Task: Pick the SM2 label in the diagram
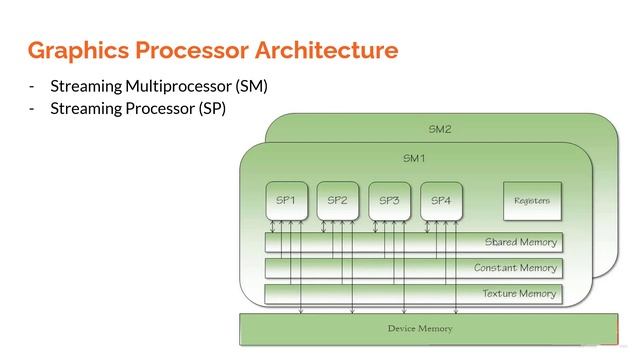pyautogui.click(x=441, y=129)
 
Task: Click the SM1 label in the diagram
pyautogui.click(x=414, y=158)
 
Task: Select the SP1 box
pyautogui.click(x=286, y=201)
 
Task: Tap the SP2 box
pyautogui.click(x=338, y=201)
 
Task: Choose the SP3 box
pyautogui.click(x=389, y=201)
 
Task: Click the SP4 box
pyautogui.click(x=441, y=201)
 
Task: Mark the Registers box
pyautogui.click(x=531, y=201)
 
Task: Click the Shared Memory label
pyautogui.click(x=520, y=242)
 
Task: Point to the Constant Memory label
pyautogui.click(x=515, y=268)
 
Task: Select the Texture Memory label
pyautogui.click(x=519, y=294)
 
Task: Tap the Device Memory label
pyautogui.click(x=420, y=328)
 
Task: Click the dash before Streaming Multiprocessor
pyautogui.click(x=32, y=86)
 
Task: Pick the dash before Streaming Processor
pyautogui.click(x=32, y=108)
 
